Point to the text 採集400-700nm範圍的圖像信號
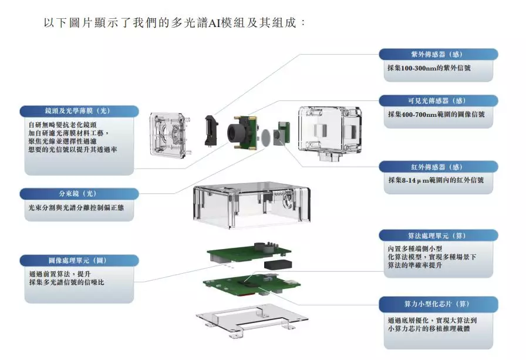pos(436,115)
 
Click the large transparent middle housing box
pos(251,206)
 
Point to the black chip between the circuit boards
pos(277,264)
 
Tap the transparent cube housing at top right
pos(329,133)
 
